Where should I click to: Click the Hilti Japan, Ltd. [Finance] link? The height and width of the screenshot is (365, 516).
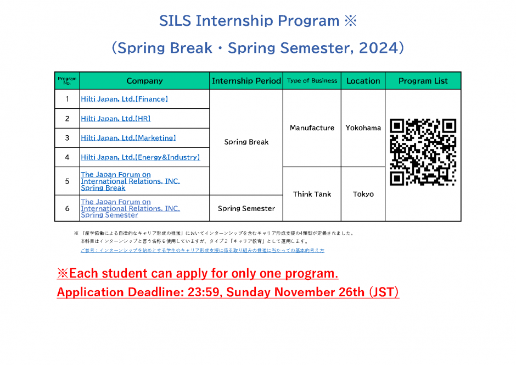(x=125, y=99)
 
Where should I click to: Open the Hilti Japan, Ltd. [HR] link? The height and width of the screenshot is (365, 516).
(x=116, y=119)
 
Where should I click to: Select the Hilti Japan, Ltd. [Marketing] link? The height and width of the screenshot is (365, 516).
(x=128, y=138)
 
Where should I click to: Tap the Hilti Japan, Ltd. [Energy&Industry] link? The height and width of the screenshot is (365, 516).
(x=141, y=157)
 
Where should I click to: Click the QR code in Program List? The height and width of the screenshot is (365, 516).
(x=423, y=152)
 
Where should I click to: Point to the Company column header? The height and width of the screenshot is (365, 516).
(x=144, y=81)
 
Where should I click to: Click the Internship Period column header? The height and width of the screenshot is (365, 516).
(x=246, y=81)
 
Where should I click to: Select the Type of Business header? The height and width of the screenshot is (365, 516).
(x=312, y=81)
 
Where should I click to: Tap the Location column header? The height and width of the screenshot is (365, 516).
(x=363, y=81)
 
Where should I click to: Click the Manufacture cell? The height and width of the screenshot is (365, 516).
(x=312, y=128)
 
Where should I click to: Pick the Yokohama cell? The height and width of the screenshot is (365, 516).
(x=363, y=128)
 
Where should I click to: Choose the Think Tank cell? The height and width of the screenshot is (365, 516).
(x=312, y=195)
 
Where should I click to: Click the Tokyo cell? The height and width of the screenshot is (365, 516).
(x=363, y=195)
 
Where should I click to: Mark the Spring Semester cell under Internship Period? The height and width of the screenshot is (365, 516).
(x=246, y=208)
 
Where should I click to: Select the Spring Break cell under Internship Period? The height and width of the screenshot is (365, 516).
(x=246, y=142)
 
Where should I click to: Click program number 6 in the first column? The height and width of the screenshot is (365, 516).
(x=67, y=208)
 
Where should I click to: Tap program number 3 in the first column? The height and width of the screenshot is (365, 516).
(x=67, y=138)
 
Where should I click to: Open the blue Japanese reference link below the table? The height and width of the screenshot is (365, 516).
(x=203, y=250)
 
